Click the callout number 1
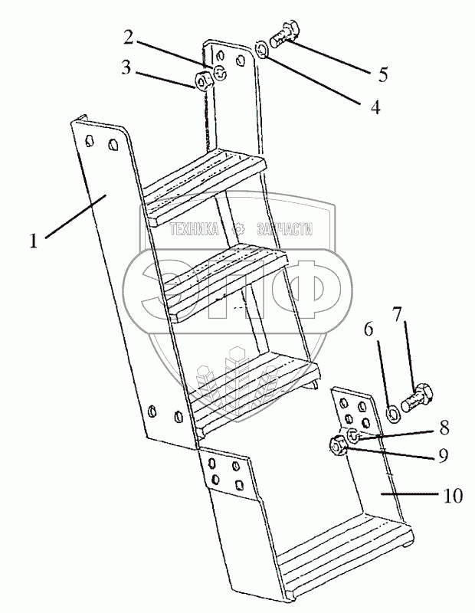pos(34,240)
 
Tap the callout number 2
pos(129,37)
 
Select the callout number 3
pos(126,67)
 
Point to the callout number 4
pos(375,107)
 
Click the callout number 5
pos(383,74)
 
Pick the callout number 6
pos(369,329)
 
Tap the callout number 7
pos(397,314)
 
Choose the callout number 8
pos(444,428)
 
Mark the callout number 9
pos(443,455)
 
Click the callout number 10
pos(453,495)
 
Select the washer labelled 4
pos(261,50)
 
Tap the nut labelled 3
pos(203,81)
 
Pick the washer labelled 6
pos(393,414)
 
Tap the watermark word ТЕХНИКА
pos(195,229)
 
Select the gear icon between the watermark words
pos(237,229)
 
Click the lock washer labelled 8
pos(353,436)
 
